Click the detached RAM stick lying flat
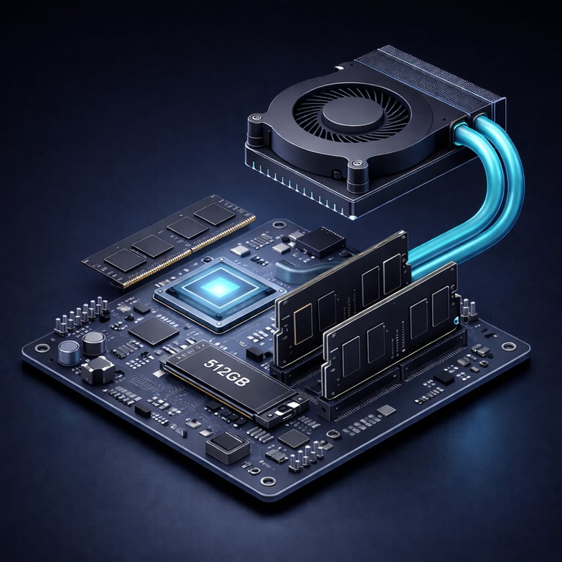168,240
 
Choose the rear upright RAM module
341,297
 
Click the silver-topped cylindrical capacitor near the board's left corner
70,353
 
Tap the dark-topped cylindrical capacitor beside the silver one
93,342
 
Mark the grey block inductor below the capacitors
97,372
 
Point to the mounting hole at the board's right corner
507,346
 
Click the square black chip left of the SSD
153,330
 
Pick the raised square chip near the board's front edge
228,446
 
